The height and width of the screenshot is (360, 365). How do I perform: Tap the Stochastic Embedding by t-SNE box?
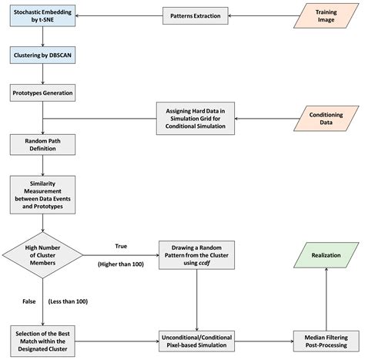tap(42, 15)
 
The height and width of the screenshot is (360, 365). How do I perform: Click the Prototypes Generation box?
tap(42, 93)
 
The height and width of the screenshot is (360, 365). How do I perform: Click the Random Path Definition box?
tap(42, 143)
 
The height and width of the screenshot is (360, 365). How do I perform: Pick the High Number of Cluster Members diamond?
tap(42, 257)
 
